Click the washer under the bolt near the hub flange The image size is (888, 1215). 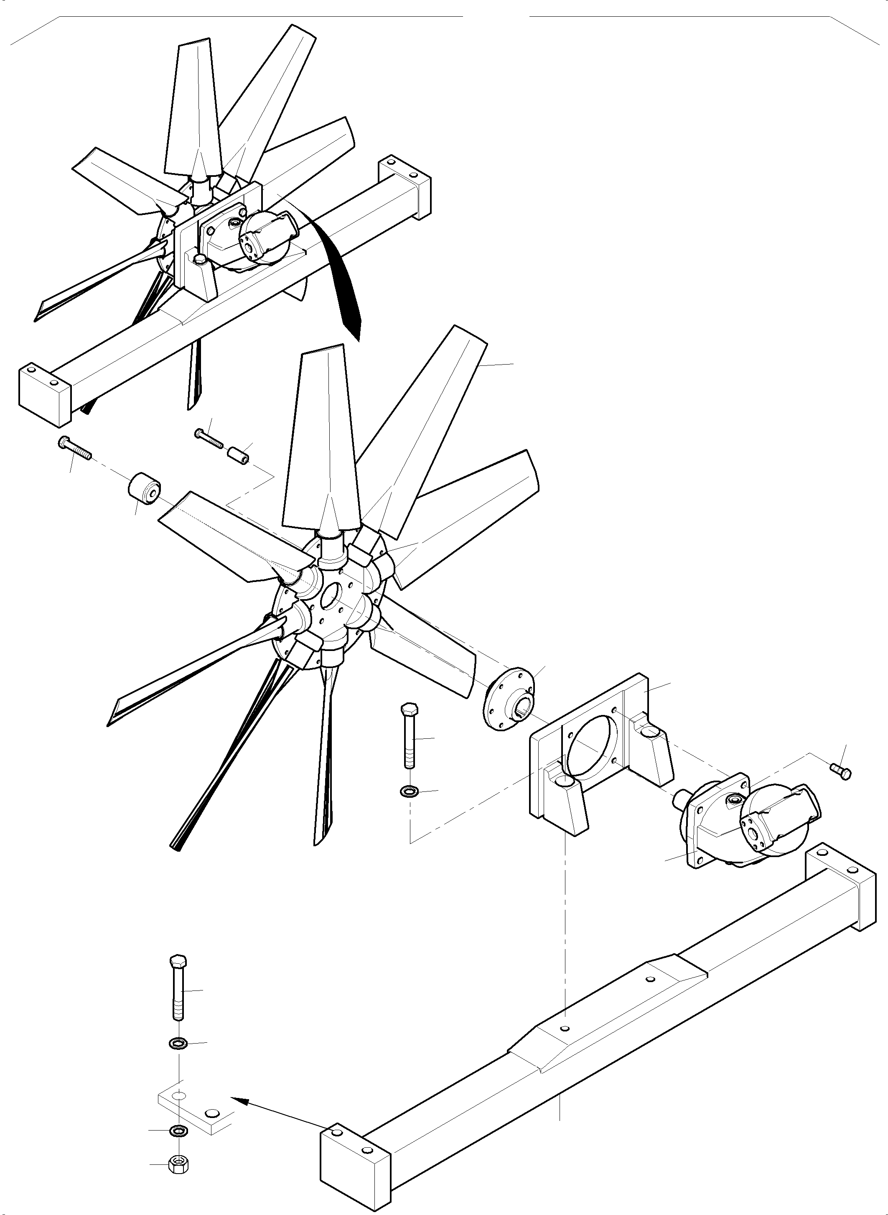(410, 791)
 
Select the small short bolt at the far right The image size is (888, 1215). (841, 770)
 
